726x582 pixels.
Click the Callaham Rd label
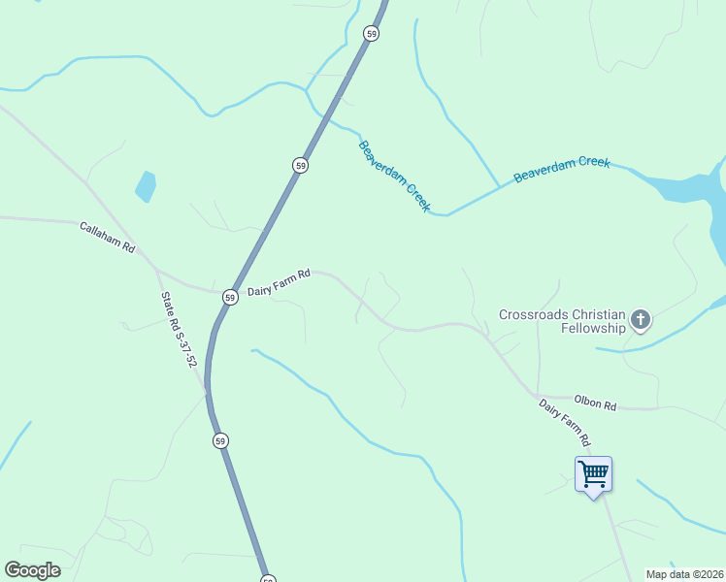[x=107, y=237]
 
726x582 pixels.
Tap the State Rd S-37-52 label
[x=180, y=331]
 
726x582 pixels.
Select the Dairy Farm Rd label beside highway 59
[x=279, y=282]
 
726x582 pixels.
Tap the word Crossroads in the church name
[x=532, y=314]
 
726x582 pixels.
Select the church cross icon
[x=641, y=319]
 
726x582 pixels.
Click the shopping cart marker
[x=593, y=475]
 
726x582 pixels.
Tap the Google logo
[x=32, y=570]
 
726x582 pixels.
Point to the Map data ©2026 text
[x=685, y=574]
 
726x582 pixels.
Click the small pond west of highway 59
[x=146, y=185]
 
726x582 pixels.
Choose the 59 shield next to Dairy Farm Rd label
[x=229, y=297]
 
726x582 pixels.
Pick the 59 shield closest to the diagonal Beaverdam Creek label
[x=301, y=166]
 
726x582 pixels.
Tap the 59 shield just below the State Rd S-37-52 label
[x=221, y=441]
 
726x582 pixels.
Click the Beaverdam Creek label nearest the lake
[x=562, y=169]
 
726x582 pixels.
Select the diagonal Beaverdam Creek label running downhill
[x=394, y=177]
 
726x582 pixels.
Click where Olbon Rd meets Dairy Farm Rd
[x=537, y=396]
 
